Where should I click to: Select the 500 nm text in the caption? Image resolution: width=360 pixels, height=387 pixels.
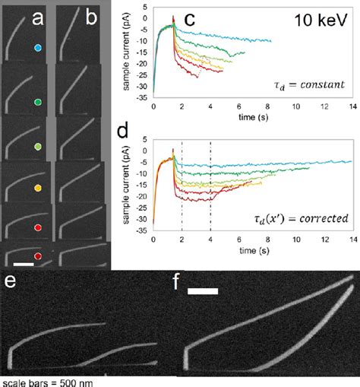click(75, 382)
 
